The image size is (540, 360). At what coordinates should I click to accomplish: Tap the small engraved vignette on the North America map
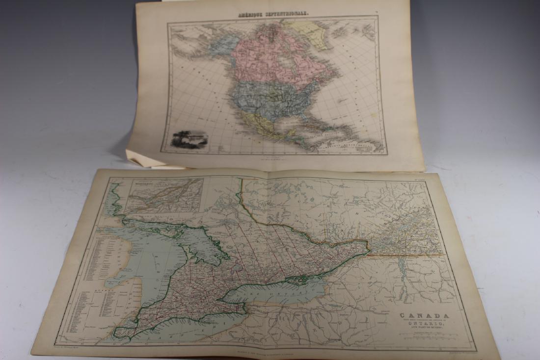(189, 139)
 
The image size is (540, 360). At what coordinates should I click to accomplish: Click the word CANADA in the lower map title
(417, 316)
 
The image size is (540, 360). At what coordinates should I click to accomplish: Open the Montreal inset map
(163, 195)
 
